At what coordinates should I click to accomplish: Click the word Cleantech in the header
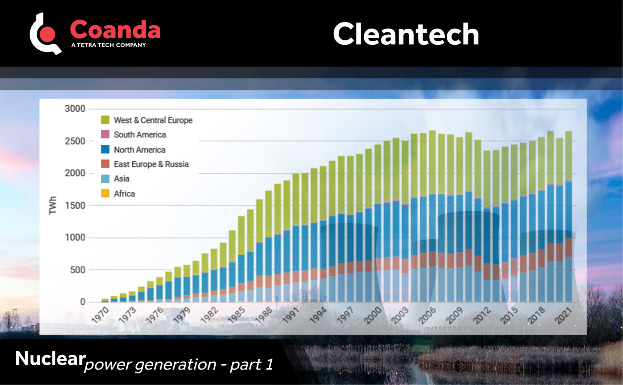406,34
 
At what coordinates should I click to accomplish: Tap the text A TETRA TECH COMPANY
108,45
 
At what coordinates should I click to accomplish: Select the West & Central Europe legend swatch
105,120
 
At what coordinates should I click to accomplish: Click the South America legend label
140,135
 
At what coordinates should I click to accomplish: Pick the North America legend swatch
105,149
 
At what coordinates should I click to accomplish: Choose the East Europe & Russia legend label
151,164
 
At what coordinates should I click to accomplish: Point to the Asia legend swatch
105,179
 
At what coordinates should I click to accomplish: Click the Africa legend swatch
105,193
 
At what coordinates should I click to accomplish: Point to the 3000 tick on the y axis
75,109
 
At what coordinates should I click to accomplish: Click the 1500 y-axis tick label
75,205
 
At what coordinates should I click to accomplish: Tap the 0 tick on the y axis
83,302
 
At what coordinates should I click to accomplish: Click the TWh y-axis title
53,205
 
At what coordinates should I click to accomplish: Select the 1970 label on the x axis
100,315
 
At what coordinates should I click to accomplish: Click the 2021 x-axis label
564,315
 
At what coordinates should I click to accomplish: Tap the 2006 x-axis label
428,315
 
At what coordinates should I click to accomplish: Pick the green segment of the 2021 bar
568,156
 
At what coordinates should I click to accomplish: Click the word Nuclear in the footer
50,359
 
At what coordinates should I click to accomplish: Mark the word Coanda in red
115,30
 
